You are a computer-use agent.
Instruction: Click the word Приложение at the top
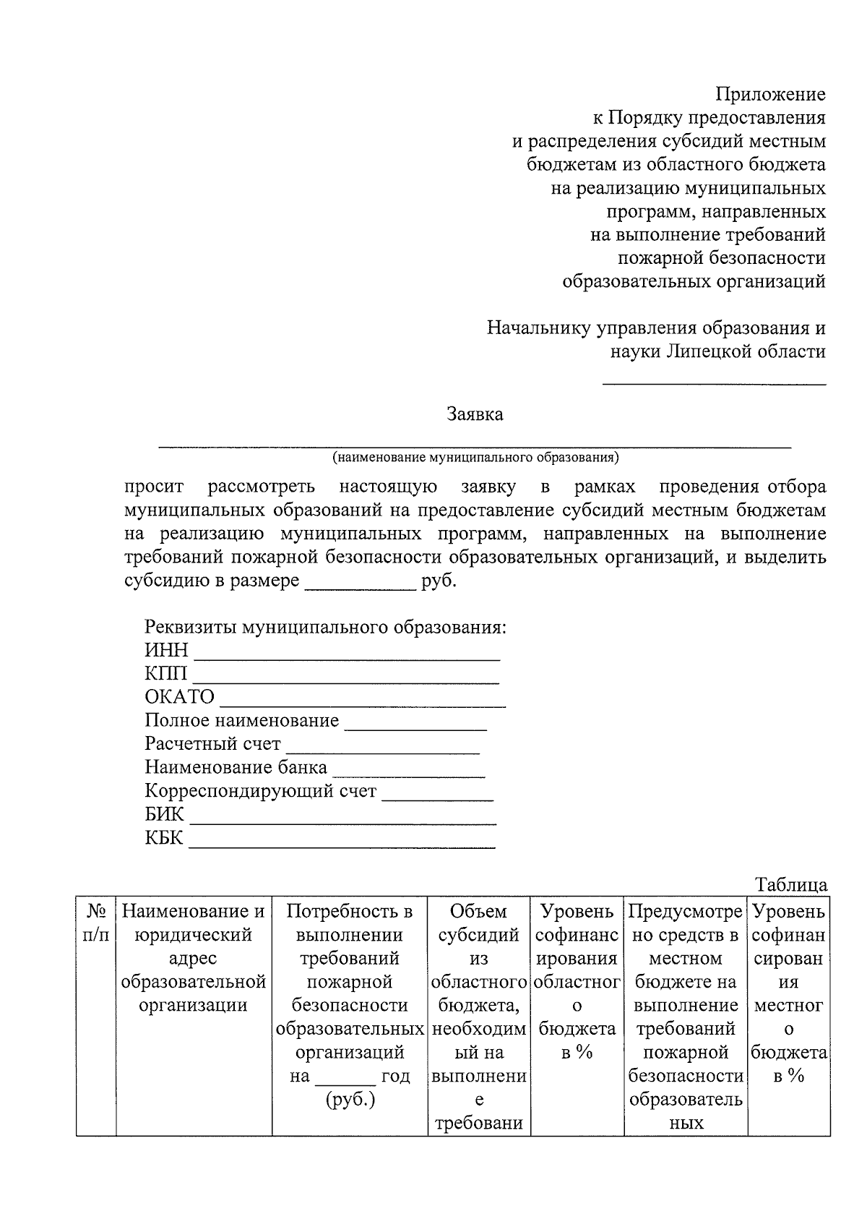pyautogui.click(x=770, y=94)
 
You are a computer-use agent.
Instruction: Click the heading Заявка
pyautogui.click(x=475, y=414)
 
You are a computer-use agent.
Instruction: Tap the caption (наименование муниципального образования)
pyautogui.click(x=475, y=458)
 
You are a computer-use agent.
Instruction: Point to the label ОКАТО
pyautogui.click(x=180, y=697)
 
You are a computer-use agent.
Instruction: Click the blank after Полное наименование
pyautogui.click(x=416, y=727)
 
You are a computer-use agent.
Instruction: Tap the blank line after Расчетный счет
pyautogui.click(x=383, y=750)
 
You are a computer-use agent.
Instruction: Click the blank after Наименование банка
pyautogui.click(x=408, y=774)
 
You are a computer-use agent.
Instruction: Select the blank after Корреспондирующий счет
pyautogui.click(x=438, y=797)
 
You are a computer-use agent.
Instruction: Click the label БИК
pyautogui.click(x=165, y=815)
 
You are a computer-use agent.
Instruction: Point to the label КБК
pyautogui.click(x=165, y=839)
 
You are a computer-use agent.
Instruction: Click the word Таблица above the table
pyautogui.click(x=791, y=885)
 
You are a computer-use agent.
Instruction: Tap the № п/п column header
pyautogui.click(x=96, y=923)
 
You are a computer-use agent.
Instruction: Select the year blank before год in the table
pyautogui.click(x=345, y=1082)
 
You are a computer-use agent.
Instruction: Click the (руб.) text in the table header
pyautogui.click(x=350, y=1100)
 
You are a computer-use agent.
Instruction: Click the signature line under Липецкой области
pyautogui.click(x=714, y=382)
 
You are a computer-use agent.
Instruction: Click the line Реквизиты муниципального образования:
pyautogui.click(x=326, y=627)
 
